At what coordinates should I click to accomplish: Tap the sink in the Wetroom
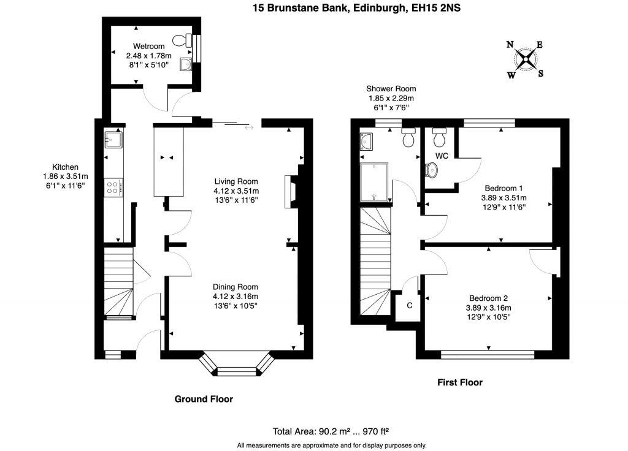point(185,64)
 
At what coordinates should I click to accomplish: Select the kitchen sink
point(113,140)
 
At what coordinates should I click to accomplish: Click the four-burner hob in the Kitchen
point(113,186)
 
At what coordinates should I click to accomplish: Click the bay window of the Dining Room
point(236,365)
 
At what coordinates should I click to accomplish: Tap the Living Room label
point(235,181)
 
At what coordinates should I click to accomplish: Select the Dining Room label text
point(235,287)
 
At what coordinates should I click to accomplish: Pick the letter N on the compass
point(510,45)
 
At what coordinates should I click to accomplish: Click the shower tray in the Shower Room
point(375,182)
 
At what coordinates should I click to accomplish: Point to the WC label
point(442,156)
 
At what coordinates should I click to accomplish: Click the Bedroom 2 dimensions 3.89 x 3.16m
point(489,308)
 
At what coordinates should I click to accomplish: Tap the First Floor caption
point(459,382)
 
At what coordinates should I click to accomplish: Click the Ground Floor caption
point(204,399)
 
